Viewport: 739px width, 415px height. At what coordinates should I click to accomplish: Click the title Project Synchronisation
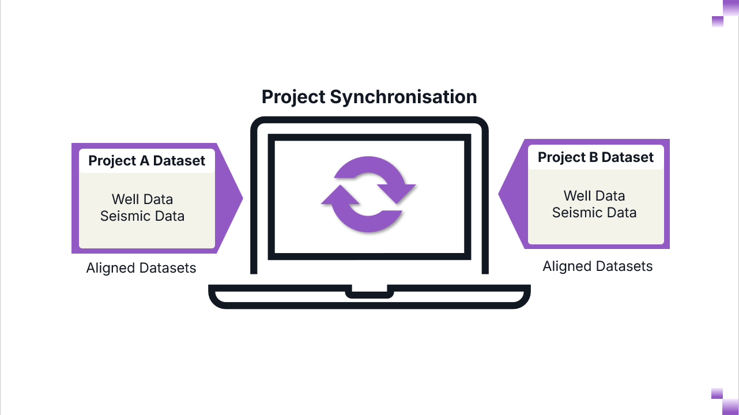[x=369, y=97]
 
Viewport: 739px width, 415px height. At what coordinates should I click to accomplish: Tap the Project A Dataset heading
[x=146, y=161]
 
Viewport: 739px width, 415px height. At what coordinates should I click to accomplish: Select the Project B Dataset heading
[x=595, y=157]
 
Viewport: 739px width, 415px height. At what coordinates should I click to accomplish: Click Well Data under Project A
[x=142, y=199]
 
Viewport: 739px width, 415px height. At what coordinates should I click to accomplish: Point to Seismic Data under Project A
[x=142, y=216]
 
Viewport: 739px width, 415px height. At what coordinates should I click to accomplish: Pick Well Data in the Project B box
[x=594, y=196]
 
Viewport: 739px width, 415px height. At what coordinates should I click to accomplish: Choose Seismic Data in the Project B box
[x=594, y=213]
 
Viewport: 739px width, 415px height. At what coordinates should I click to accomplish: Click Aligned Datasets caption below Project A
[x=141, y=268]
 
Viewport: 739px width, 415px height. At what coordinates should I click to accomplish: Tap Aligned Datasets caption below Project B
[x=598, y=266]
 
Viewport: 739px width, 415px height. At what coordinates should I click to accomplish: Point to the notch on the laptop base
[x=369, y=292]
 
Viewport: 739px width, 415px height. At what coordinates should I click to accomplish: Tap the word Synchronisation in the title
[x=403, y=97]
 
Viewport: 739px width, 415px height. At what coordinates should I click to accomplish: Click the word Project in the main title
[x=293, y=97]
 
